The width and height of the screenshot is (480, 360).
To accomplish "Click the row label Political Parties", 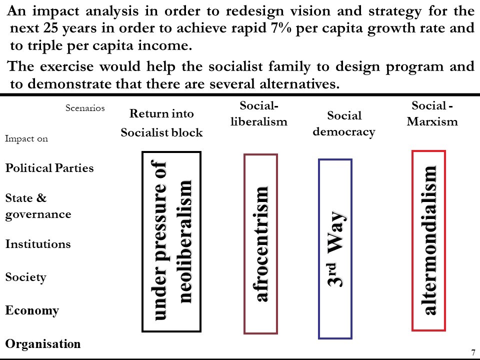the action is [49, 168].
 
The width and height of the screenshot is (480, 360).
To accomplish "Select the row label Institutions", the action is [38, 244].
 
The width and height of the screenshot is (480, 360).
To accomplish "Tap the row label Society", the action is [25, 277].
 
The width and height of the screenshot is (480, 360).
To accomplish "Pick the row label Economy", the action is [32, 310].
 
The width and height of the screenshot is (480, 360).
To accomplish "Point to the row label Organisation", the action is [43, 344].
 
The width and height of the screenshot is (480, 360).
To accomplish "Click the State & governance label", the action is [38, 206].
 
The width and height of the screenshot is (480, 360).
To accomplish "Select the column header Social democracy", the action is [344, 123].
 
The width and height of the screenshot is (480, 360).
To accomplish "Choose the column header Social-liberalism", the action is [259, 113].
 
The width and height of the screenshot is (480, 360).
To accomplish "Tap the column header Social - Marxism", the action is [432, 113].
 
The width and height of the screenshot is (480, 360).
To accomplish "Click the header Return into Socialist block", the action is [161, 123].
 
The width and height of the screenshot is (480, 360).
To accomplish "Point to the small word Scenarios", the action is [85, 108].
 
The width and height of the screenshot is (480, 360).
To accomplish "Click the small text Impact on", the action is [26, 138].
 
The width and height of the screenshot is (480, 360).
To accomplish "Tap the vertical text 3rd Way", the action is [335, 249].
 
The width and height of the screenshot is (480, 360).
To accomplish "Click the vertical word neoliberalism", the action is [185, 241].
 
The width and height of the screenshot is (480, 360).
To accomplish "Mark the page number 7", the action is [473, 352].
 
